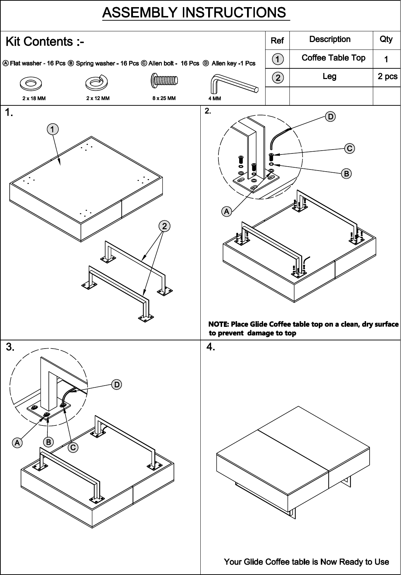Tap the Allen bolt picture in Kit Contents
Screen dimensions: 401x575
tap(164, 80)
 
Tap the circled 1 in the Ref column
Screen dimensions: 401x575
tap(278, 59)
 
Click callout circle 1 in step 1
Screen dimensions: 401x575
tap(53, 129)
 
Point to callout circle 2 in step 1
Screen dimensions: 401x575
tap(165, 226)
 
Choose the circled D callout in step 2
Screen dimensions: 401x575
tap(330, 117)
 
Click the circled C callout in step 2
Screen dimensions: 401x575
tap(350, 148)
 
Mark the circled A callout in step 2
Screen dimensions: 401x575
tap(226, 211)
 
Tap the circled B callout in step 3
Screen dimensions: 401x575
tap(48, 442)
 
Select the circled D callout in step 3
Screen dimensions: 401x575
tap(117, 385)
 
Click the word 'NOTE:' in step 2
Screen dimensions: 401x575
tap(219, 324)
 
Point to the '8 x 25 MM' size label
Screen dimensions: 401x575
tap(164, 98)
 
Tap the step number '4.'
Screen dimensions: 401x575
tap(211, 347)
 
